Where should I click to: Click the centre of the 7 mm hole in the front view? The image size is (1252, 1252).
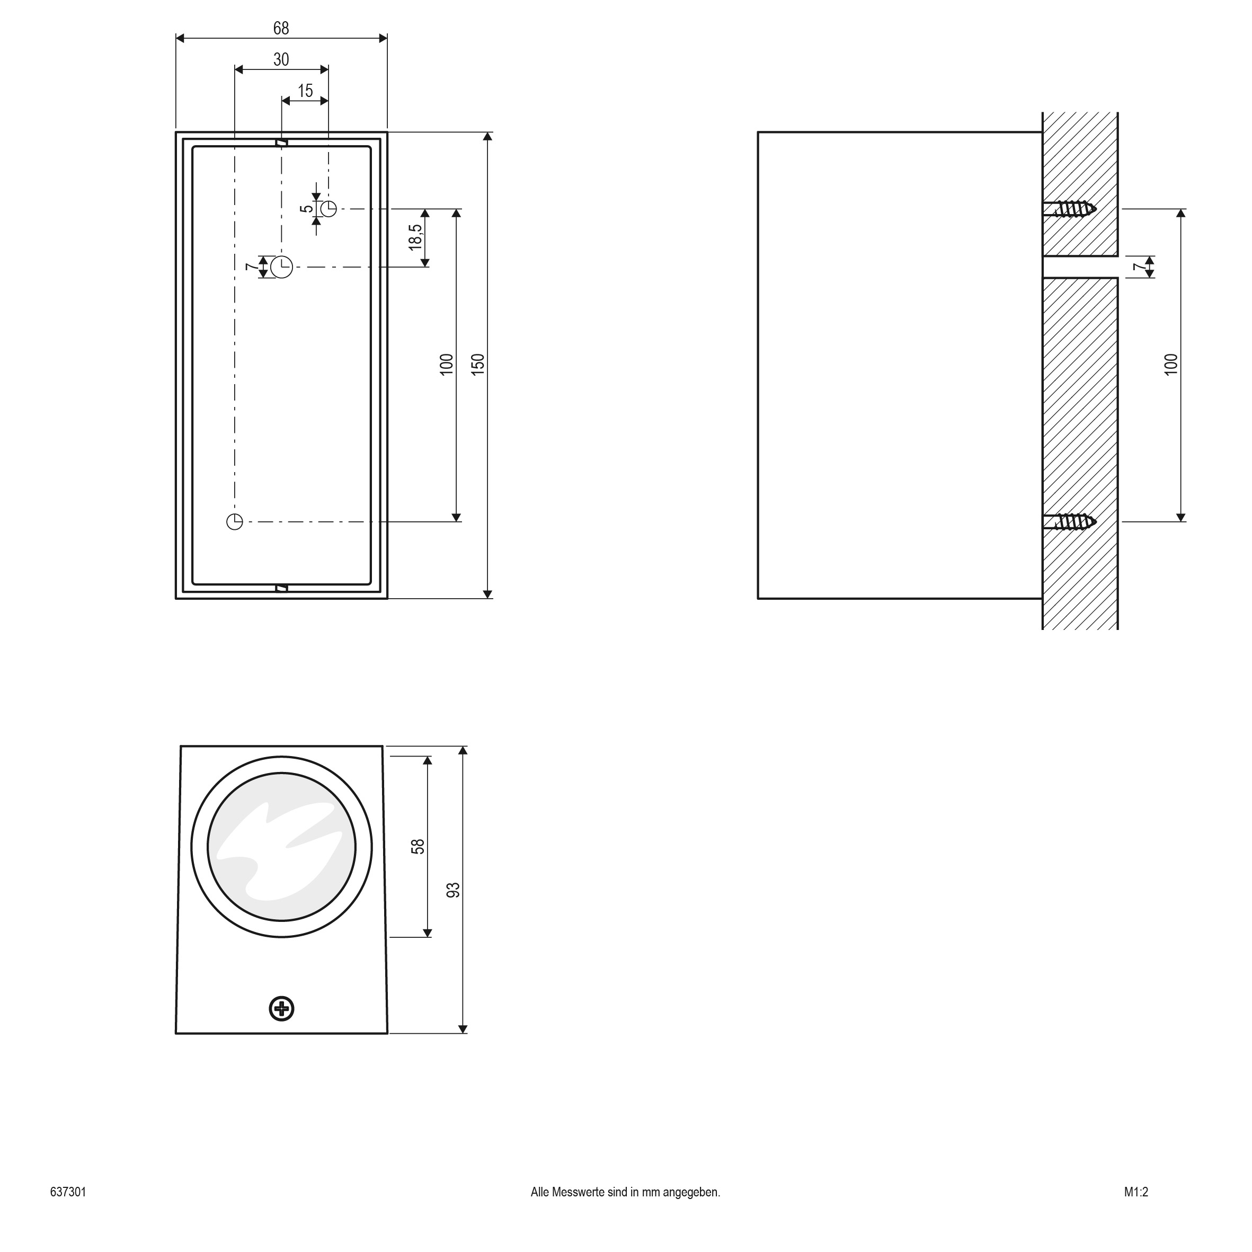[282, 267]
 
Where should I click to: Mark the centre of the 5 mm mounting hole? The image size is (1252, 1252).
[328, 209]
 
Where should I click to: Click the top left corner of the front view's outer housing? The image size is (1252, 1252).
[176, 133]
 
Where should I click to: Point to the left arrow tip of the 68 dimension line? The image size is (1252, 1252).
[176, 38]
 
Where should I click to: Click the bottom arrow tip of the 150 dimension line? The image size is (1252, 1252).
[488, 598]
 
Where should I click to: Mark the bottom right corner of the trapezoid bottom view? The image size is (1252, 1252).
[387, 1033]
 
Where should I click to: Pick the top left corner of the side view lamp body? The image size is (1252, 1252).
[758, 133]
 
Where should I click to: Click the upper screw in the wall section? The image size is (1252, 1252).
[1070, 209]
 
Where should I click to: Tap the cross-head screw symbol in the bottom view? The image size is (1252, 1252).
[281, 1008]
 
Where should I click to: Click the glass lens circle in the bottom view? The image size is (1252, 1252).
[281, 846]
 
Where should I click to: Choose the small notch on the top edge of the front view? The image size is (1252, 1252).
[281, 142]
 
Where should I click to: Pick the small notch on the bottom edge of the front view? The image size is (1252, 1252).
[281, 588]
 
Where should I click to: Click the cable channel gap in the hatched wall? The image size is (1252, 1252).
[1080, 267]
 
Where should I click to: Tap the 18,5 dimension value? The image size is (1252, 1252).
[416, 237]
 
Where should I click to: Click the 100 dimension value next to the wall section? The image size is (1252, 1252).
[1171, 365]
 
